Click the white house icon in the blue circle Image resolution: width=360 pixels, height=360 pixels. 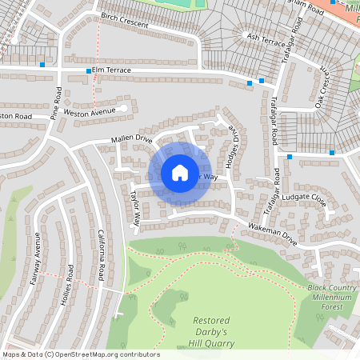coord(179,173)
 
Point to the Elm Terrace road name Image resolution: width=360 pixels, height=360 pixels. coord(110,71)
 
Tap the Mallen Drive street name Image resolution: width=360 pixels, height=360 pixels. coord(132,138)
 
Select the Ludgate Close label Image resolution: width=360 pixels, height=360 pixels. coord(304,196)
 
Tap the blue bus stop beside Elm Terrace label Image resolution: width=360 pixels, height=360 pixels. coord(89,71)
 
